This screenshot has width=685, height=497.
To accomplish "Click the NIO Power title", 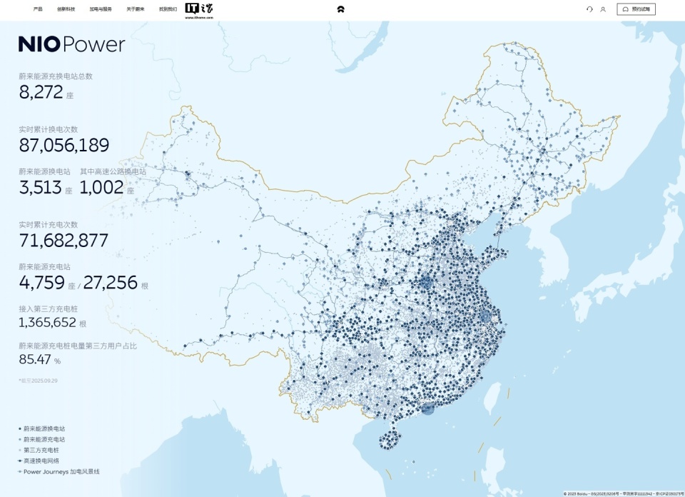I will (71, 44).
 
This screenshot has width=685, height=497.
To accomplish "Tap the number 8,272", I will (41, 91).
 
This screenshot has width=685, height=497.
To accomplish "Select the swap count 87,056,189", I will (64, 146).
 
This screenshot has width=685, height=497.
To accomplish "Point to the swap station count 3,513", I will (41, 188).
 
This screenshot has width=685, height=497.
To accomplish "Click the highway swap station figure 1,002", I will (101, 188).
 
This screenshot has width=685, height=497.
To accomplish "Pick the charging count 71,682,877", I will (64, 240).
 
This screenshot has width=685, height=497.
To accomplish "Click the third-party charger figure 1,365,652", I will (48, 322).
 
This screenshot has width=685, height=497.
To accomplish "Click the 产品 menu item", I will (38, 9).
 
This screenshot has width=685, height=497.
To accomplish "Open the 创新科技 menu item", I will (66, 9).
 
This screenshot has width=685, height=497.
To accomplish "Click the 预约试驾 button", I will (636, 9).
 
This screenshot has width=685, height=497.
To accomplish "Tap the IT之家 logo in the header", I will (199, 9).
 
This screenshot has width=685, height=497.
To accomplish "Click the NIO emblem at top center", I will (342, 9).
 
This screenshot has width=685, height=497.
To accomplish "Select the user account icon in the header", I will (603, 9).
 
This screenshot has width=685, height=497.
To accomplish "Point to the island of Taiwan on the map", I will (492, 398).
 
